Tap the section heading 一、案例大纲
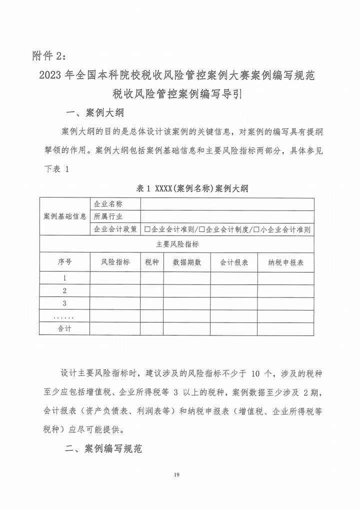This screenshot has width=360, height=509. [95, 111]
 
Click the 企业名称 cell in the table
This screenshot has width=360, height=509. [108, 204]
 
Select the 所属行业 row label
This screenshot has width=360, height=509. [108, 216]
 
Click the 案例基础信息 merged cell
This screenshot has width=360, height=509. [65, 216]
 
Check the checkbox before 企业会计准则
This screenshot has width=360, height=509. [147, 229]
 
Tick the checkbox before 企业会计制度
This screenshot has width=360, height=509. [201, 229]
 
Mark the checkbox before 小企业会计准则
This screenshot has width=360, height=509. [256, 229]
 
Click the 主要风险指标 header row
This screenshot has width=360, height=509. [177, 244]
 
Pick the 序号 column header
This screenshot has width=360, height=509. [64, 262]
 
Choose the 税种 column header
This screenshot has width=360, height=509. [152, 262]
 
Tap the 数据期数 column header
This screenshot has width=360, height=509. [186, 262]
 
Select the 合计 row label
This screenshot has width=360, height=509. [64, 328]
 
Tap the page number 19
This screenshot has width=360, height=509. [177, 474]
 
